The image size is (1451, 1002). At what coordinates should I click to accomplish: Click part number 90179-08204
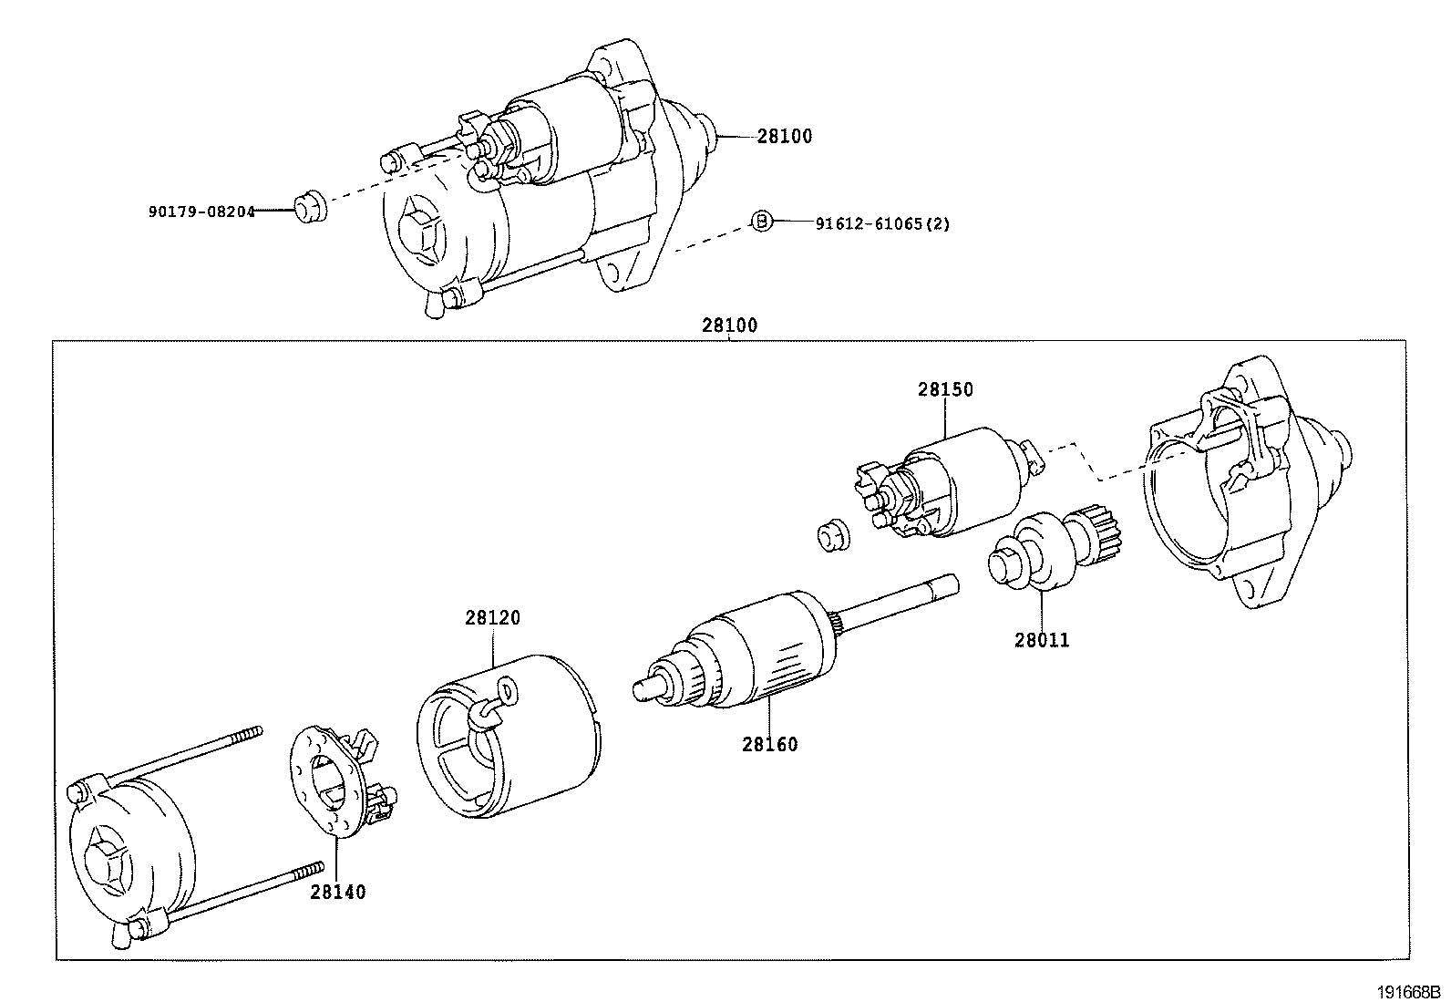tap(201, 212)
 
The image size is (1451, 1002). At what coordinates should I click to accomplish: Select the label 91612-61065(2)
tap(881, 223)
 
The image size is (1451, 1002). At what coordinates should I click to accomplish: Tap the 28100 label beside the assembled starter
tap(784, 137)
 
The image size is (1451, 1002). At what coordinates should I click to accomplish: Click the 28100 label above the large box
tap(729, 325)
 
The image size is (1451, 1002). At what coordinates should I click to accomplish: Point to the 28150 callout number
tap(945, 390)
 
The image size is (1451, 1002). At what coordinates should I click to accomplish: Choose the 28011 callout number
tap(1042, 640)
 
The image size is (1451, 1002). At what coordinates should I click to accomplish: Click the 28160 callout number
tap(769, 744)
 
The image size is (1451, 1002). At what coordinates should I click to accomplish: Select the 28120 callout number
tap(492, 618)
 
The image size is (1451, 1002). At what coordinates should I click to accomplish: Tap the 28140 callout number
tap(337, 892)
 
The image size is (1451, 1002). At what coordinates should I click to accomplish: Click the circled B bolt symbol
tap(762, 220)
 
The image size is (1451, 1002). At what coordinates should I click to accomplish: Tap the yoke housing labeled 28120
tap(506, 734)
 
